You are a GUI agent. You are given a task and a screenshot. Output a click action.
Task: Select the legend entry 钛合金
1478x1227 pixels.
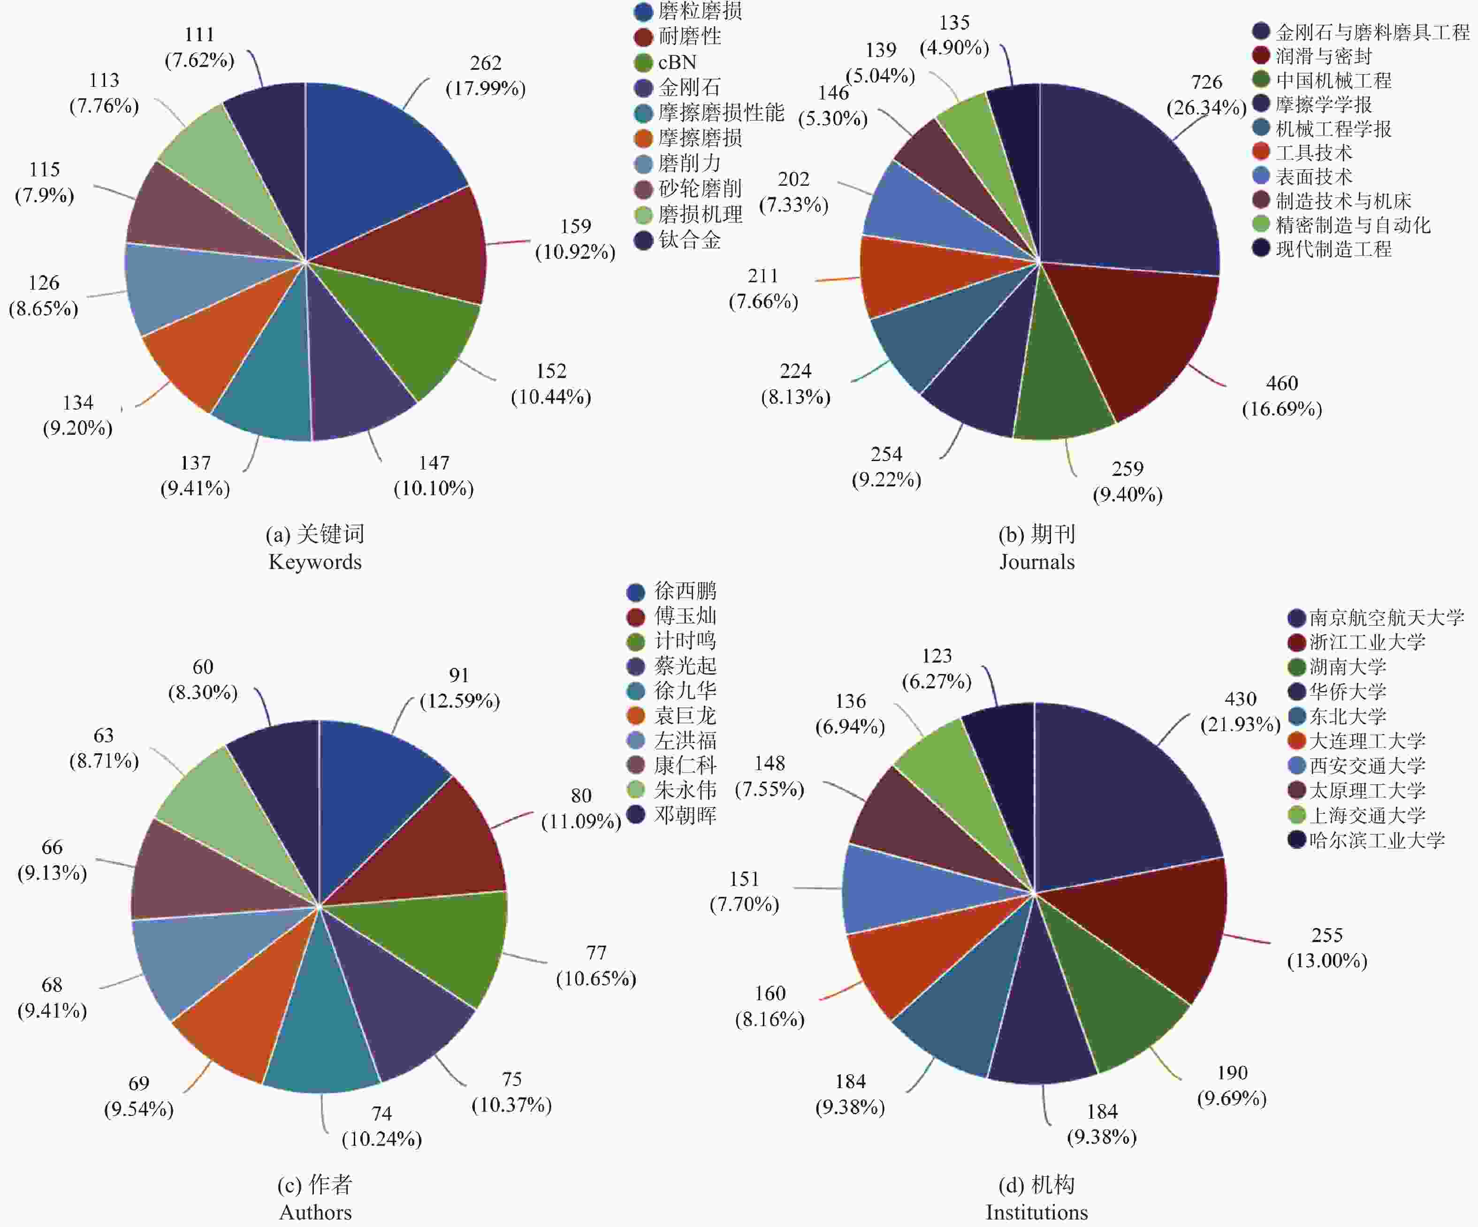(689, 241)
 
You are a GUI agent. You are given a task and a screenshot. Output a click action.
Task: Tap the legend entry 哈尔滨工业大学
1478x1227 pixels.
(1376, 840)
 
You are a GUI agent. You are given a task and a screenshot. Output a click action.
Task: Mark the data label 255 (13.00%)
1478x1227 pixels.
(1327, 947)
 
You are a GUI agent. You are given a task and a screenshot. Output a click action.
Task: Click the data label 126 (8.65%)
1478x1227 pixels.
(44, 295)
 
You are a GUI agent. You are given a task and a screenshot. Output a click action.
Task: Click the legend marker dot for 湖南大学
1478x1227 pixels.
(1296, 667)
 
